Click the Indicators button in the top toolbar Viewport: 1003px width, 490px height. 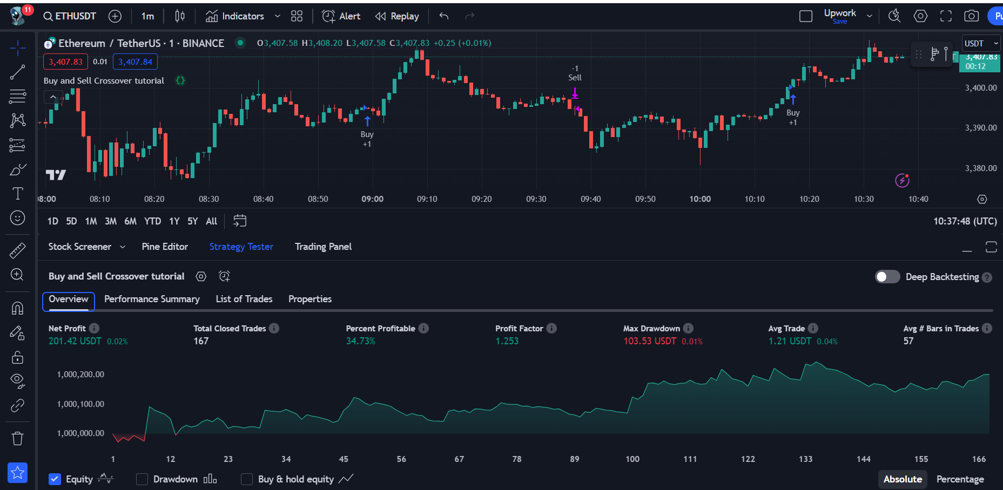[x=235, y=16]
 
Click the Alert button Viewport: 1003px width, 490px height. [x=341, y=16]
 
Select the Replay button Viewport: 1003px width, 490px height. [x=398, y=16]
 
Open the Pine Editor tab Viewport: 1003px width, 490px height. [x=165, y=247]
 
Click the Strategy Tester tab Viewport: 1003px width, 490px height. [x=241, y=247]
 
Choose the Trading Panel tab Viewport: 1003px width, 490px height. [x=323, y=247]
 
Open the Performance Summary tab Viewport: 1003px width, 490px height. [x=152, y=299]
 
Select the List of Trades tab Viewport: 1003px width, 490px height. [x=244, y=299]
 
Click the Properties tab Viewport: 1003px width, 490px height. [x=310, y=299]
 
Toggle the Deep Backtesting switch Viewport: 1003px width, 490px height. [x=887, y=277]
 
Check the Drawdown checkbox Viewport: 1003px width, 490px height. [x=142, y=479]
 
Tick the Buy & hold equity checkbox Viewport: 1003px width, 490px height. [x=247, y=479]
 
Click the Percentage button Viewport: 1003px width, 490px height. [x=960, y=479]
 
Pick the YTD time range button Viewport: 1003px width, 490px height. [x=152, y=221]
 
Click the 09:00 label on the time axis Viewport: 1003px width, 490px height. [x=373, y=199]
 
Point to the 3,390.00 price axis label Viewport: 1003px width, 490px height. [x=981, y=128]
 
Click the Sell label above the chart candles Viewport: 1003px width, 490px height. [x=575, y=78]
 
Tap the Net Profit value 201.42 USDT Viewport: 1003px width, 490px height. [x=75, y=341]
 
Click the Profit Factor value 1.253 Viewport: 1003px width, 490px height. [x=507, y=341]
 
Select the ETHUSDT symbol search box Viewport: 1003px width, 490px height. [x=70, y=16]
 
